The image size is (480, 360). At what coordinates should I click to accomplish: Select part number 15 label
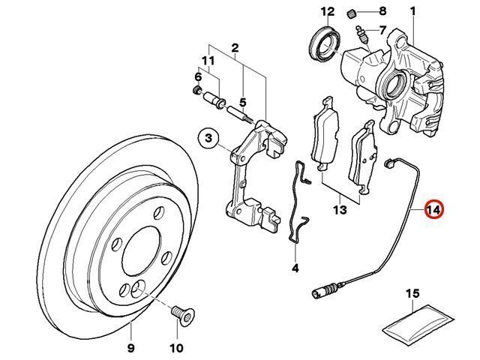click(412, 293)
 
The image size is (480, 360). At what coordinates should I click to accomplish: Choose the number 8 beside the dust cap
click(382, 11)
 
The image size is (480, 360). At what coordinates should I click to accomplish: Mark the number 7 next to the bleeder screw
click(382, 31)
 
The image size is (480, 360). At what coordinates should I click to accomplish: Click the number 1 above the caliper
click(412, 11)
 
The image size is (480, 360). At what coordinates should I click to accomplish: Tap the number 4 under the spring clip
click(295, 267)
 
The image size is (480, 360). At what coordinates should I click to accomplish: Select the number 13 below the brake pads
click(340, 211)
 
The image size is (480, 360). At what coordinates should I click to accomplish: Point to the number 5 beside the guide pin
click(243, 103)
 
